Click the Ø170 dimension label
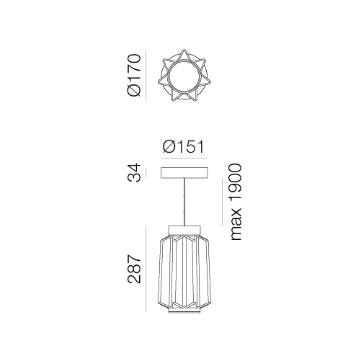point(134,75)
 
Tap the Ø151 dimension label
point(183,147)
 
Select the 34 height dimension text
point(134,173)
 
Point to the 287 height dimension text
point(134,269)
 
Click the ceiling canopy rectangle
point(184,173)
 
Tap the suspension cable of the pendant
point(184,202)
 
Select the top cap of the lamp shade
point(184,230)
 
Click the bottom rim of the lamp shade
point(184,311)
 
